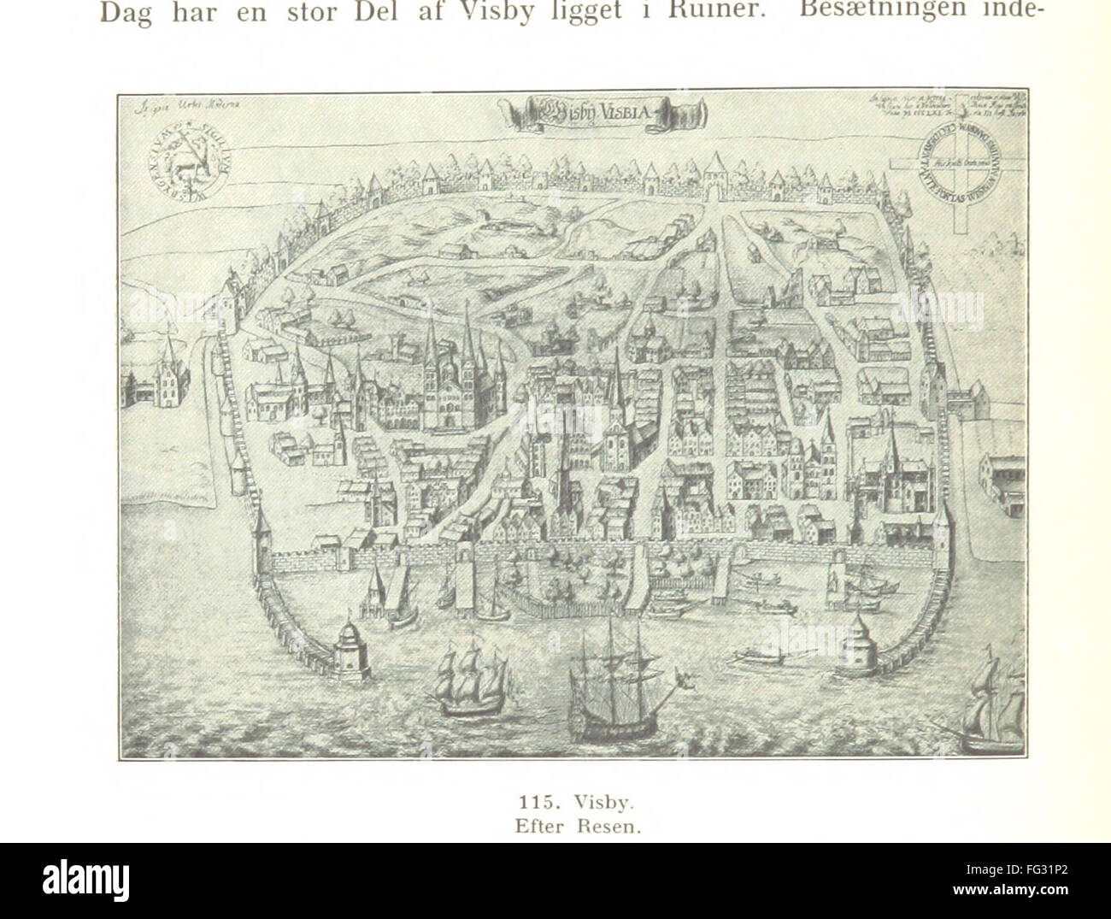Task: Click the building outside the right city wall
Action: [x=1002, y=483]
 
